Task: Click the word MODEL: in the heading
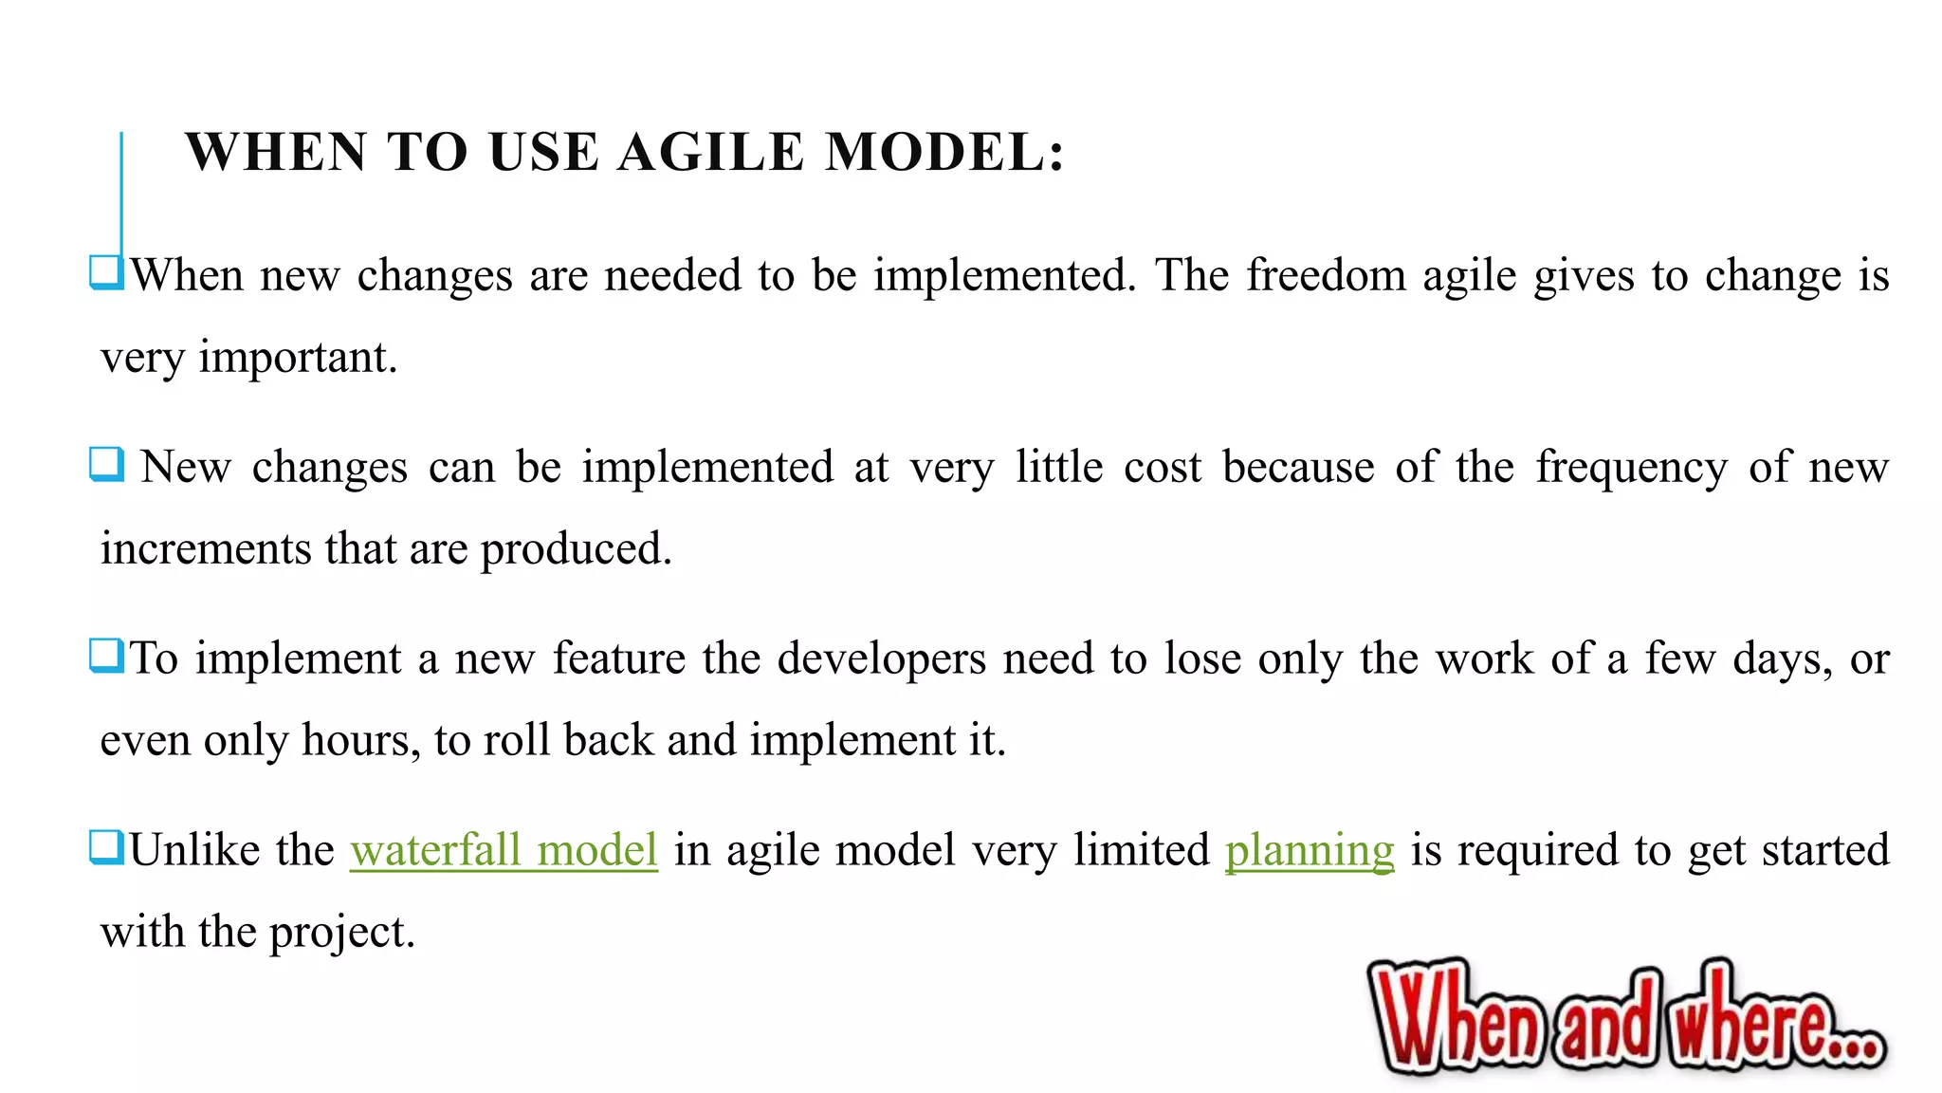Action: click(945, 153)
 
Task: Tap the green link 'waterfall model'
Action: click(504, 849)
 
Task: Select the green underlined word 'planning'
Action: click(1310, 849)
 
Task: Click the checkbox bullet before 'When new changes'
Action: click(106, 272)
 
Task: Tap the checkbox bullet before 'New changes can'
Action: click(106, 464)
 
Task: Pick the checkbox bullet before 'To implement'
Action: click(106, 656)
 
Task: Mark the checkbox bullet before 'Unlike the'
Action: click(106, 846)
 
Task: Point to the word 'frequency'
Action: click(1632, 468)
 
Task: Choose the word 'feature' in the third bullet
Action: click(618, 658)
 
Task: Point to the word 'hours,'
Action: click(361, 740)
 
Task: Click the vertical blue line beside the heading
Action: click(121, 190)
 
